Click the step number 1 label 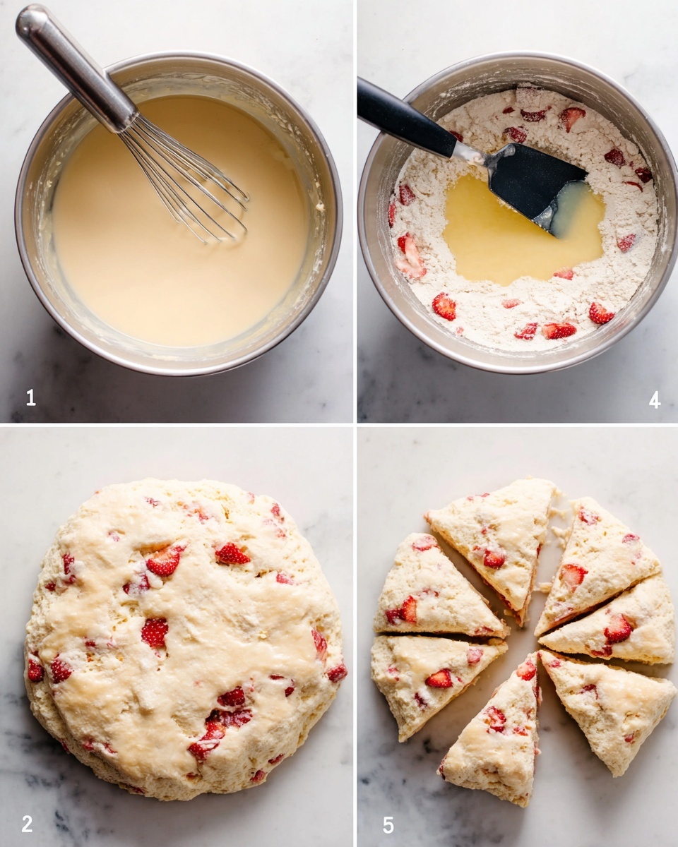[30, 397]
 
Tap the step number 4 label [655, 400]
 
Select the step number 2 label [27, 823]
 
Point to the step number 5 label [388, 824]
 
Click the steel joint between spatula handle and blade [470, 152]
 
